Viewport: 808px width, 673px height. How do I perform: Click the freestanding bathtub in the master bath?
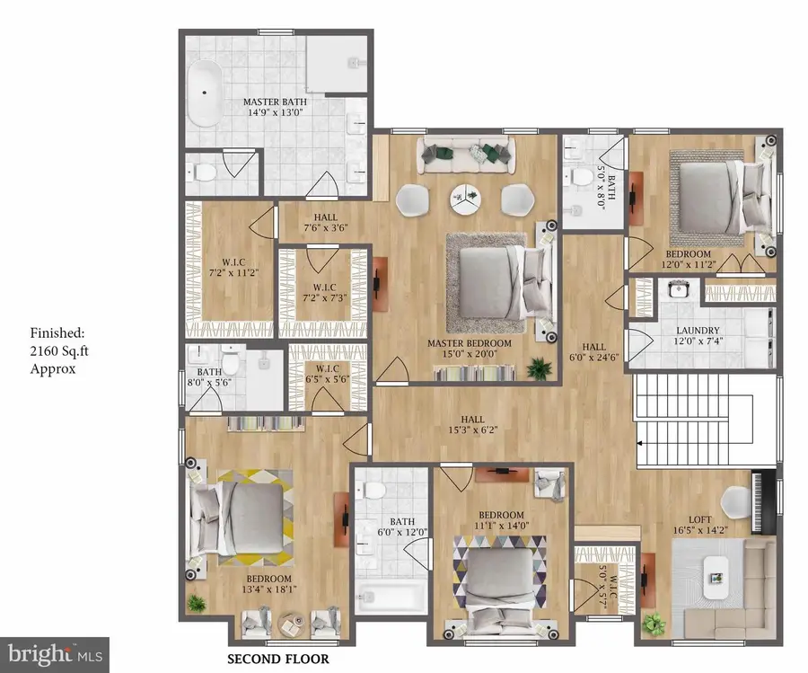point(205,93)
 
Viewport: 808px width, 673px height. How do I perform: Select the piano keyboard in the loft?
point(757,501)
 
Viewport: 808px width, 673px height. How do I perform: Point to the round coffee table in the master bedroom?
point(465,199)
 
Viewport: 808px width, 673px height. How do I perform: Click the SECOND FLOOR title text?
point(278,659)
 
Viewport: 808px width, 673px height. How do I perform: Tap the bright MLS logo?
point(55,655)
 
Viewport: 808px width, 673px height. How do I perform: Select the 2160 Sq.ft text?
point(59,350)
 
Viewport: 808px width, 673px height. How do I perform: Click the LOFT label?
point(699,519)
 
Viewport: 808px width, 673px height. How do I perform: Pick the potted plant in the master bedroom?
point(540,368)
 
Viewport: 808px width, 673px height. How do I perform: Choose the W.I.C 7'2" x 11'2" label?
point(233,267)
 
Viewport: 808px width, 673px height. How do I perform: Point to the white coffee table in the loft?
point(716,578)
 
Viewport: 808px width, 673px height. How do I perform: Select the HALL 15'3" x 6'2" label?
point(472,424)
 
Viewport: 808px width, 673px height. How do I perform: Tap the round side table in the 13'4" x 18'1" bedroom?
point(292,625)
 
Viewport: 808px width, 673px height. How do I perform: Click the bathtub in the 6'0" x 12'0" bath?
point(391,597)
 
